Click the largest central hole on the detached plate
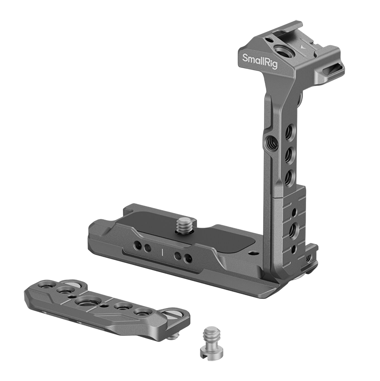(83, 303)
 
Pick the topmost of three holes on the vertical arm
(288, 131)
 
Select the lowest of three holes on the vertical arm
(289, 176)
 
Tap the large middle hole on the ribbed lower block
(293, 229)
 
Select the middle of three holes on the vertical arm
(288, 153)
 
